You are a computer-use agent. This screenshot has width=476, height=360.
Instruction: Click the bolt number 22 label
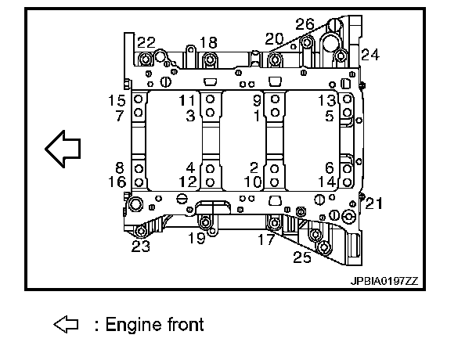tap(146, 43)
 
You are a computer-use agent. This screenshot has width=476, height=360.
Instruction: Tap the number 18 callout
tap(208, 43)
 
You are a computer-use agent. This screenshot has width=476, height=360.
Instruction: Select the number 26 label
tap(305, 24)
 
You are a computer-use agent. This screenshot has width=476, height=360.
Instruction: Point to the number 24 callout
tap(370, 55)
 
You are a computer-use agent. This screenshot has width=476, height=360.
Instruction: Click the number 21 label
tap(373, 203)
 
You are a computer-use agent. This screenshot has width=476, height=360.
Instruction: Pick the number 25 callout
tap(302, 257)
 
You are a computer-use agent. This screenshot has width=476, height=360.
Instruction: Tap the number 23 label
tap(141, 247)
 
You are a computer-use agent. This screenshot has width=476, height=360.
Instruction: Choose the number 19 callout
tap(197, 238)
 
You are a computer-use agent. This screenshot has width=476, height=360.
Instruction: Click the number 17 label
tap(266, 239)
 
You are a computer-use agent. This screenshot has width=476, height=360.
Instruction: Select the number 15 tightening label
tap(117, 100)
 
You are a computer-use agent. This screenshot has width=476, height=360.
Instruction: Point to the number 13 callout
tap(327, 100)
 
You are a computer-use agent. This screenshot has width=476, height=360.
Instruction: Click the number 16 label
tap(117, 182)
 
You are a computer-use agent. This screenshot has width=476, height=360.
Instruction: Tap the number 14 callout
tap(327, 182)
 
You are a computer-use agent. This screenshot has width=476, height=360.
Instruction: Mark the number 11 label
tap(186, 100)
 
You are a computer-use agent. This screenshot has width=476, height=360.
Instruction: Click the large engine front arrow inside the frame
tap(63, 149)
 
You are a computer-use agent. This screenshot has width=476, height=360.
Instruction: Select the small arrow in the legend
tap(66, 325)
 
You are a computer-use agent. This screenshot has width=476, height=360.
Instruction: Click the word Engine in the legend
tap(134, 325)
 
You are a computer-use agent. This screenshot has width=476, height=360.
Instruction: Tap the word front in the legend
tap(186, 324)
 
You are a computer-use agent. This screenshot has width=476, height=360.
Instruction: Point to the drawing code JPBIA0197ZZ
tap(384, 282)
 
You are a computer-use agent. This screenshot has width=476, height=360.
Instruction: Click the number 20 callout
tap(274, 39)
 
